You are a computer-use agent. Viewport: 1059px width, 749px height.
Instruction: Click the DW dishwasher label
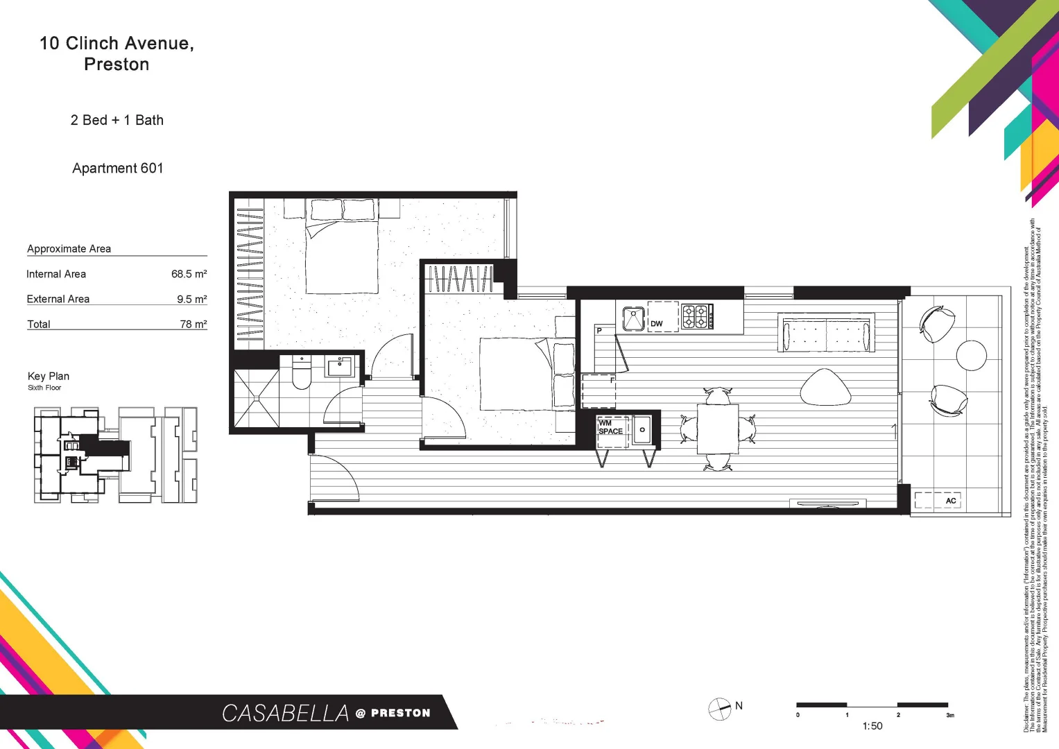pyautogui.click(x=656, y=324)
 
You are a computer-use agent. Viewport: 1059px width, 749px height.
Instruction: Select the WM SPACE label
pyautogui.click(x=610, y=427)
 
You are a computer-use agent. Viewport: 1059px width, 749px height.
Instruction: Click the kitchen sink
pyautogui.click(x=633, y=318)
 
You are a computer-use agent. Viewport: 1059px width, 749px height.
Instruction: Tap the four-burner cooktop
pyautogui.click(x=696, y=316)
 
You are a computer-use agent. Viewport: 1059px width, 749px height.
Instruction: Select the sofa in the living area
pyautogui.click(x=826, y=334)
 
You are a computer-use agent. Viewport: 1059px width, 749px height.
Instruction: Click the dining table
pyautogui.click(x=718, y=429)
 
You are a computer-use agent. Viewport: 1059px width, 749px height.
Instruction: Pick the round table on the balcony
pyautogui.click(x=971, y=355)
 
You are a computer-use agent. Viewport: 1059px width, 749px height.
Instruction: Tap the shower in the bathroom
pyautogui.click(x=256, y=399)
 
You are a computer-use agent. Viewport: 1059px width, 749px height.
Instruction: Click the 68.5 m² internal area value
pyautogui.click(x=189, y=274)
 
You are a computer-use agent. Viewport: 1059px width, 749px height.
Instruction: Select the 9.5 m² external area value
pyautogui.click(x=191, y=299)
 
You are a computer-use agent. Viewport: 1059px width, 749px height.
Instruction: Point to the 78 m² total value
pyautogui.click(x=193, y=324)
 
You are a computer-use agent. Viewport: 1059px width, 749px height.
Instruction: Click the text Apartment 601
pyautogui.click(x=118, y=168)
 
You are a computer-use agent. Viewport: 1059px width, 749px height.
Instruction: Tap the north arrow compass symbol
pyautogui.click(x=719, y=709)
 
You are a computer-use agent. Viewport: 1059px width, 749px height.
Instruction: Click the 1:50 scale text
pyautogui.click(x=872, y=726)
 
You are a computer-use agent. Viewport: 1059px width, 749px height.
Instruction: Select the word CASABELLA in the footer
pyautogui.click(x=285, y=713)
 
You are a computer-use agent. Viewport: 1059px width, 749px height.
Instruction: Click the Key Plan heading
pyautogui.click(x=49, y=376)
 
